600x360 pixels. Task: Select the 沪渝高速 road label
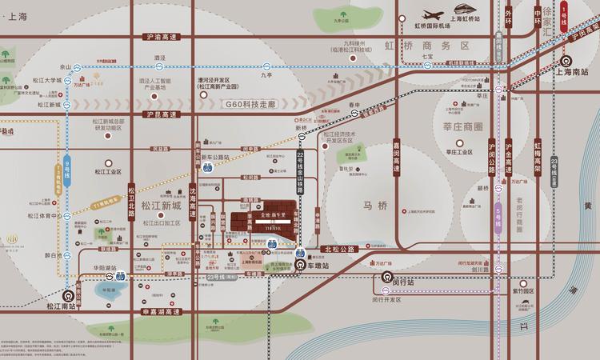161,37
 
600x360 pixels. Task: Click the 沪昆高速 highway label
161,115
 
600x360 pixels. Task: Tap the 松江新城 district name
161,206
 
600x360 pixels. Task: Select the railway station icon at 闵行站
386,281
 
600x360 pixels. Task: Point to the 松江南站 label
59,305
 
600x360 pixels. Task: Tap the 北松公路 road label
342,250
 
